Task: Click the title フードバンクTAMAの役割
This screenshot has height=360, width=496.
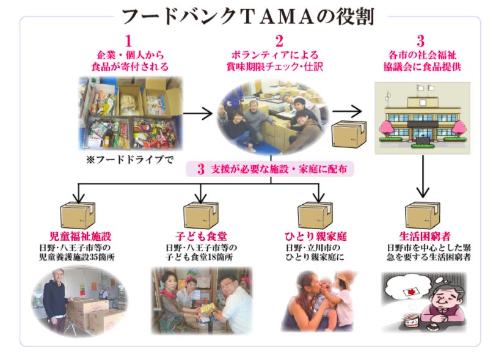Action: pyautogui.click(x=247, y=17)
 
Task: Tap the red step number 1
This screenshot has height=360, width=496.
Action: pyautogui.click(x=128, y=41)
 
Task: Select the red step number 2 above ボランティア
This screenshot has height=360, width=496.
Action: pyautogui.click(x=279, y=41)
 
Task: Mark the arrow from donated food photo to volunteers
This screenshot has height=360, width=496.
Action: pyautogui.click(x=197, y=114)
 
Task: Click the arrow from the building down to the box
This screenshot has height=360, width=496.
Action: pyautogui.click(x=422, y=177)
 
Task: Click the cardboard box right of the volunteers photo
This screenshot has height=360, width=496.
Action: pyautogui.click(x=349, y=134)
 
